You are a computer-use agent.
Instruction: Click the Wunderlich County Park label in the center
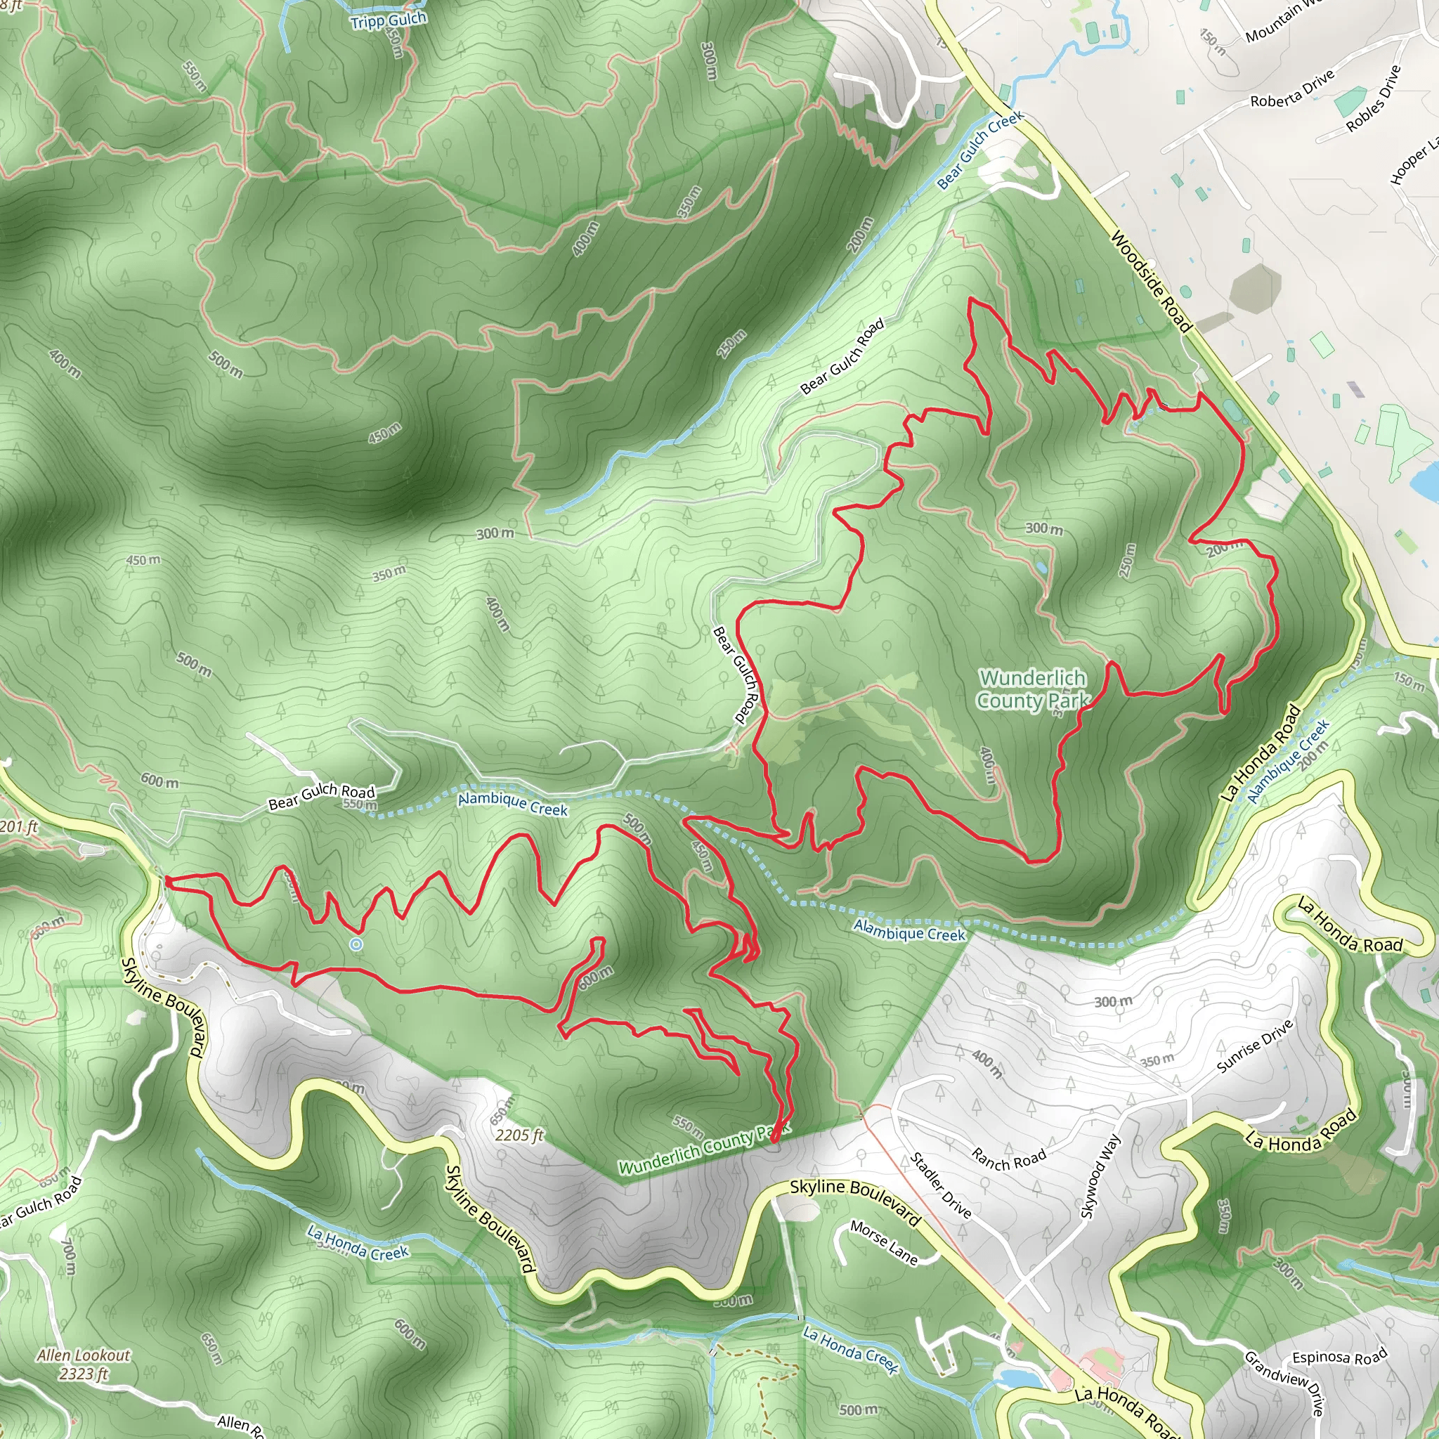click(1032, 689)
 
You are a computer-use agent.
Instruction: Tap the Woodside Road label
click(1151, 282)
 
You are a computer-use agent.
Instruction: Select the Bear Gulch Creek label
click(979, 150)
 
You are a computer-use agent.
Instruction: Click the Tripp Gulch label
click(388, 20)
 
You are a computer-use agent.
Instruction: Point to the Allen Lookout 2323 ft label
click(84, 1364)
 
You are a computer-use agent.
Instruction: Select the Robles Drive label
click(1374, 99)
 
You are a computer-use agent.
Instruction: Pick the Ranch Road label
click(1008, 1158)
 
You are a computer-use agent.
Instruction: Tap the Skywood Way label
click(1100, 1178)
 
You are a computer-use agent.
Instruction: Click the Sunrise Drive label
click(1254, 1046)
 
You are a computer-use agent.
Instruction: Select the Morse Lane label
click(884, 1242)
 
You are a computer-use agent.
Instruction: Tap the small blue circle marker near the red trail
click(356, 944)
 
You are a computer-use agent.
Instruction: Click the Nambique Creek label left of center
click(512, 804)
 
